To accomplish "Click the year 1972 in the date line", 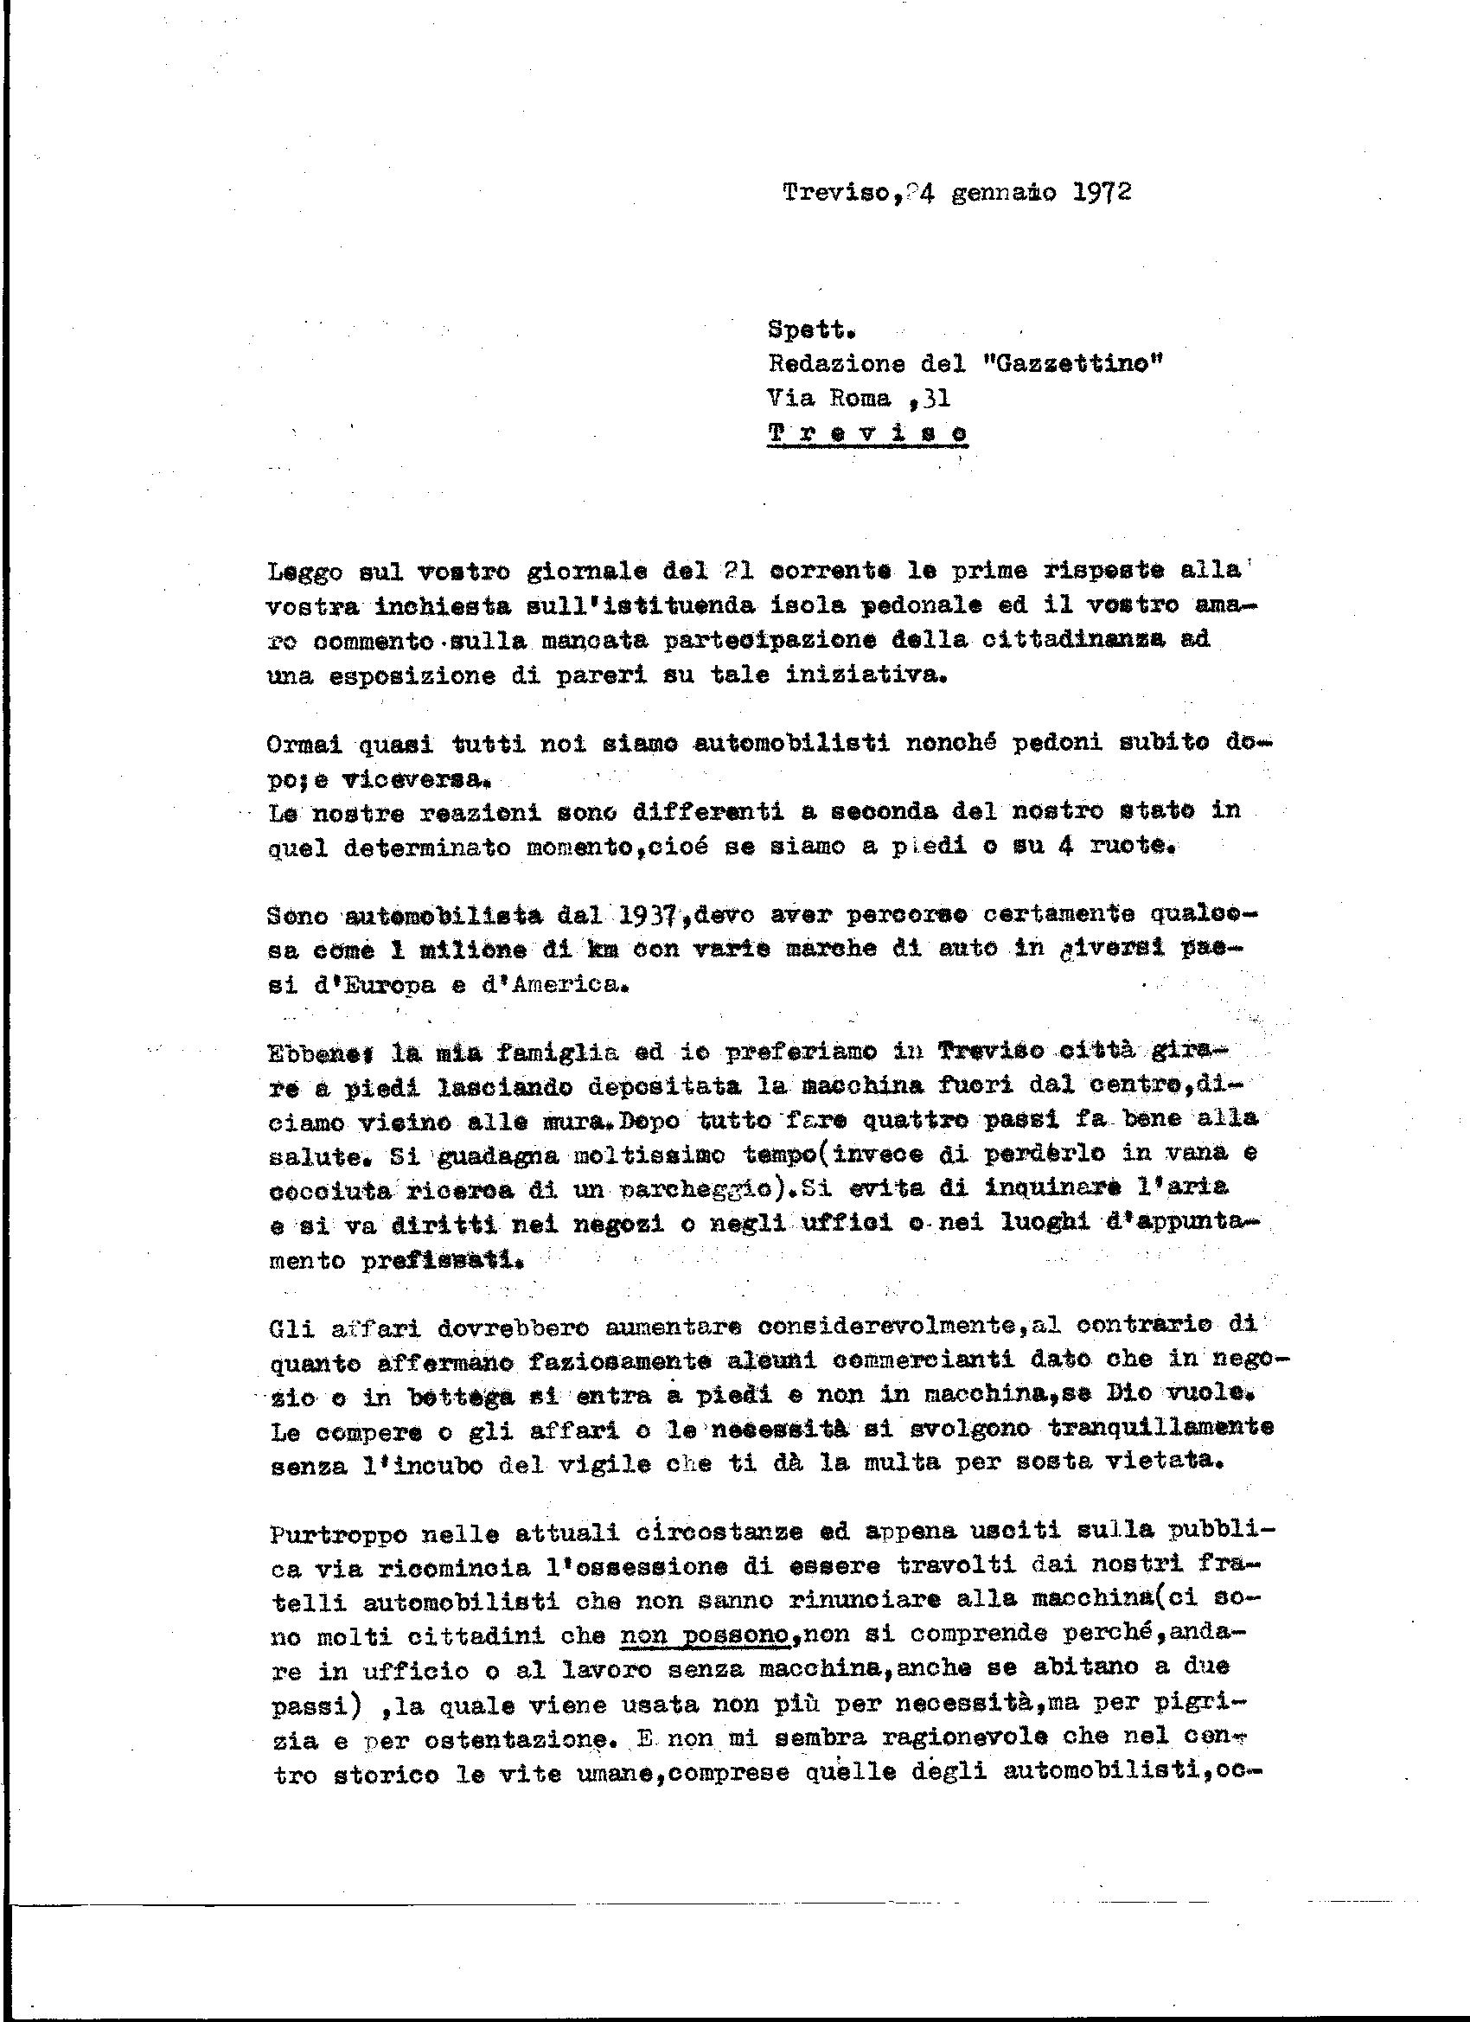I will [1098, 193].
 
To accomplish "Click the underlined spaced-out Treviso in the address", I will [866, 432].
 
